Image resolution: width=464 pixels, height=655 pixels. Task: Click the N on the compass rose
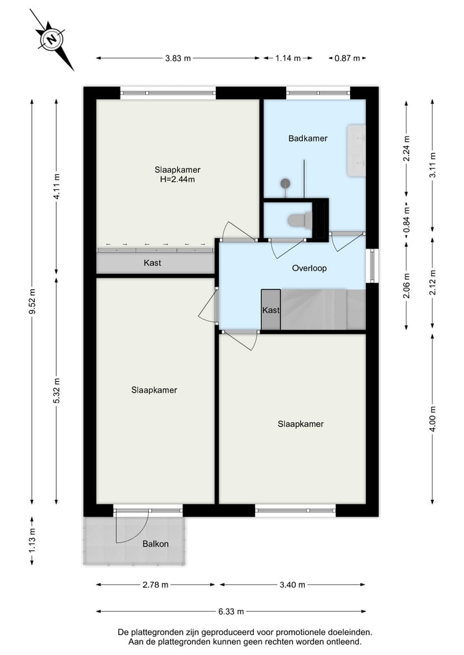point(52,40)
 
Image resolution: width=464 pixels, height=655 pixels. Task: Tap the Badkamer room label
point(307,138)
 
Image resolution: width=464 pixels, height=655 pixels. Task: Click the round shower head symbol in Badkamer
point(285,183)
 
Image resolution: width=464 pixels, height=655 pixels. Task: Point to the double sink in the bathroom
point(356,150)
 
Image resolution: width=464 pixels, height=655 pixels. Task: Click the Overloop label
point(309,268)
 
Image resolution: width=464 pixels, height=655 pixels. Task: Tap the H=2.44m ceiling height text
point(177,180)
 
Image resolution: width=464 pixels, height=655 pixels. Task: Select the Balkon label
point(155,544)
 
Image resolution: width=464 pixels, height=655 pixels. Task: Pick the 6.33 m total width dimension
point(231,612)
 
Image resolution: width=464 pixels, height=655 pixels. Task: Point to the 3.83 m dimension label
point(178,58)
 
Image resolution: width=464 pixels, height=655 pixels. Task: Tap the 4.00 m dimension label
point(432,419)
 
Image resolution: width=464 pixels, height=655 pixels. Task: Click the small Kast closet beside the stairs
point(271,310)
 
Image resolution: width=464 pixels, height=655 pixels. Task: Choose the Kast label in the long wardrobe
point(152,263)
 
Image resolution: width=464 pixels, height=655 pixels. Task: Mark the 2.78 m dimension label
point(155,585)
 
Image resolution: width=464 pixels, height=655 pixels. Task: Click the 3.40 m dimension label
point(292,585)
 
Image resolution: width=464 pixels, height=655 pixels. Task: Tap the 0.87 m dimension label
point(347,58)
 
